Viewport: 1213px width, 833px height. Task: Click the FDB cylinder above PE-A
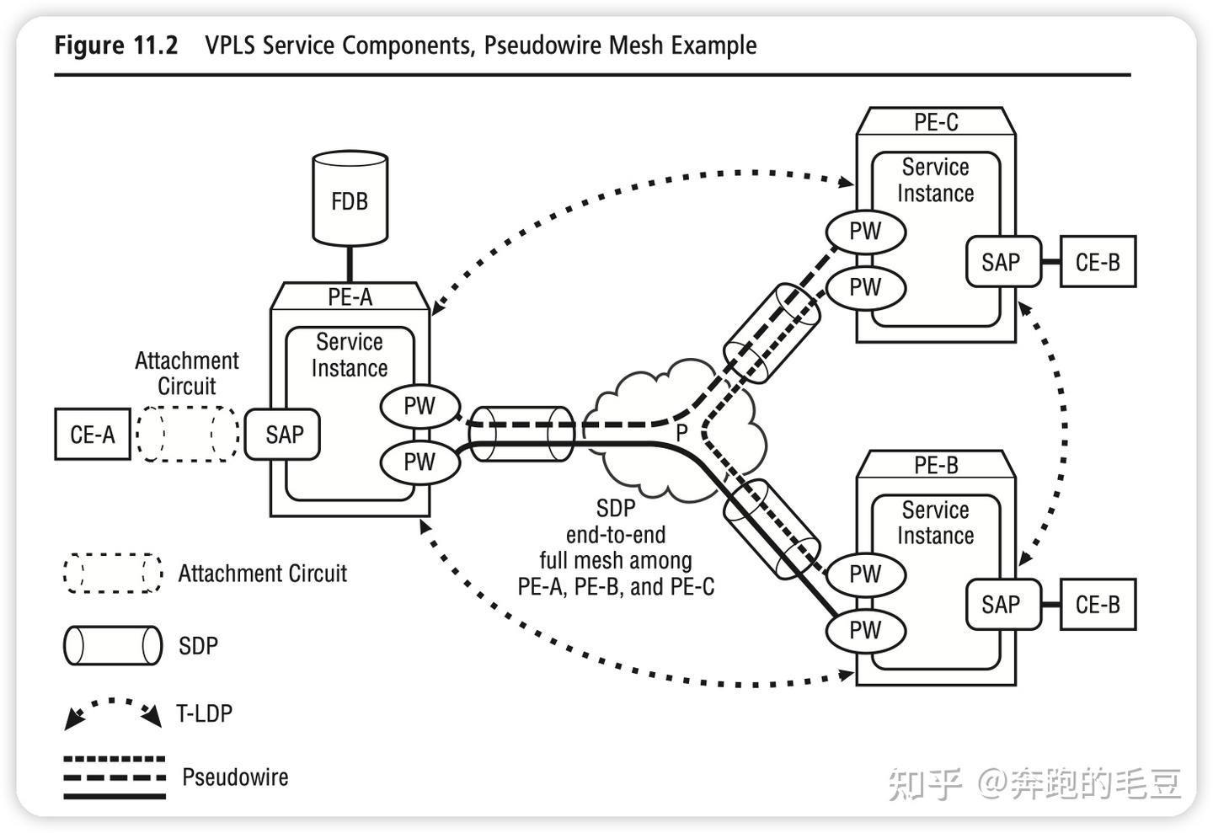(x=350, y=200)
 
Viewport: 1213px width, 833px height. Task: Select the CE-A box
(x=93, y=435)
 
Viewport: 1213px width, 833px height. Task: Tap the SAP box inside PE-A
(x=283, y=435)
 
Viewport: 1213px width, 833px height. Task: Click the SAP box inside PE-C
(x=1001, y=262)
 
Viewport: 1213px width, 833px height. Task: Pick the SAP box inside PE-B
(x=1001, y=604)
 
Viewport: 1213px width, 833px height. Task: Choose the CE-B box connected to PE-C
(x=1098, y=262)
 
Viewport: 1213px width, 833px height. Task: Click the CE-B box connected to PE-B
(x=1098, y=604)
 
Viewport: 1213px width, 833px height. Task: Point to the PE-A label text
(x=350, y=296)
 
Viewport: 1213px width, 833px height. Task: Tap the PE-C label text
(x=936, y=122)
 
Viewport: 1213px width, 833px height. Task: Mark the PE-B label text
(x=936, y=465)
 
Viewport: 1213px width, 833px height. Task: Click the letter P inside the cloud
(x=681, y=433)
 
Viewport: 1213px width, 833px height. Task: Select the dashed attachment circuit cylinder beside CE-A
(x=187, y=434)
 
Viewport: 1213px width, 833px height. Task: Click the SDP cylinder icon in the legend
(x=113, y=646)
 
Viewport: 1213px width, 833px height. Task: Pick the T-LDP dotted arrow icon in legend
(x=113, y=713)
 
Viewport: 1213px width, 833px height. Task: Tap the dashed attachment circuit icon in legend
(x=113, y=574)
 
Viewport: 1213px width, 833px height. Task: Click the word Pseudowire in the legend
(x=235, y=777)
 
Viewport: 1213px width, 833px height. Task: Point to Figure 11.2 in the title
(x=115, y=45)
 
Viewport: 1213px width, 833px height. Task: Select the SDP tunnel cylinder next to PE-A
(x=521, y=434)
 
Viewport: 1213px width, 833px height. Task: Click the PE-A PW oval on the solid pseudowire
(x=419, y=462)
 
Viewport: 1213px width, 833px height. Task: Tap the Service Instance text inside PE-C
(x=935, y=180)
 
